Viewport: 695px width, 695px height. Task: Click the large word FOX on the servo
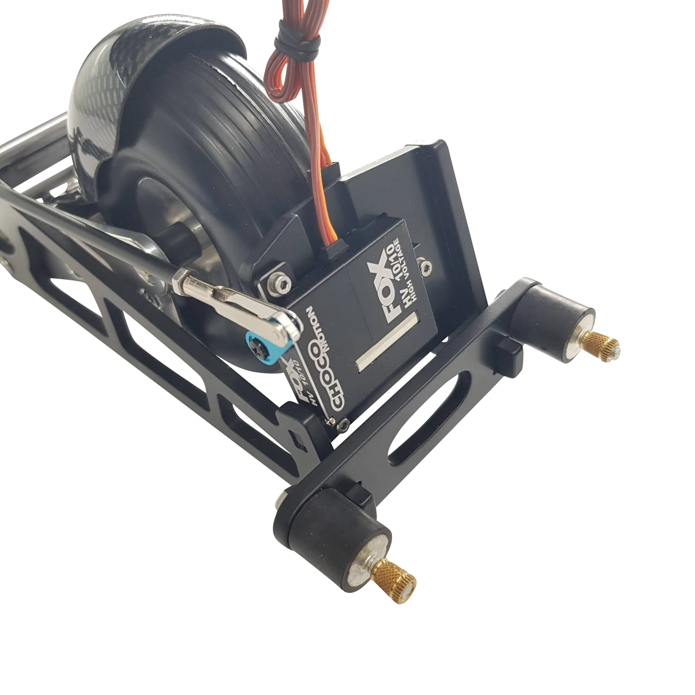tap(379, 291)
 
